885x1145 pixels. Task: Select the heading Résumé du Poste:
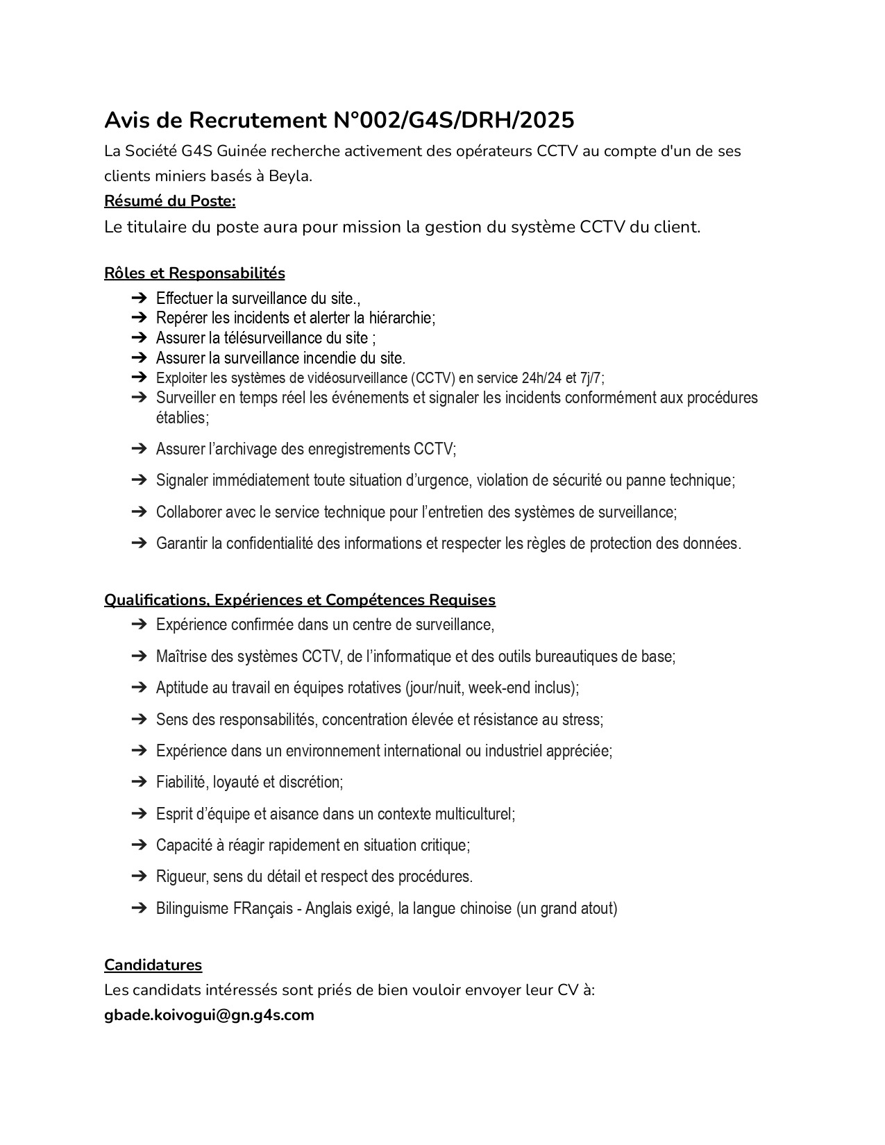coord(170,201)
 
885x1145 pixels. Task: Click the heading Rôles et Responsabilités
coord(194,273)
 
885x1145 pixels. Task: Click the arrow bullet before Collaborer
coord(139,512)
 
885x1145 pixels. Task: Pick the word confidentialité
coord(269,543)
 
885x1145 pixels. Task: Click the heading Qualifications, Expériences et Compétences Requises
coord(300,600)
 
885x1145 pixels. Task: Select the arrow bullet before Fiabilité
coord(139,782)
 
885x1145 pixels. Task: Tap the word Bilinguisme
coord(192,908)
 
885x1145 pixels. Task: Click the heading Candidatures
coord(153,965)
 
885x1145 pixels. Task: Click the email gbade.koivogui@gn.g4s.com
coord(209,1015)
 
